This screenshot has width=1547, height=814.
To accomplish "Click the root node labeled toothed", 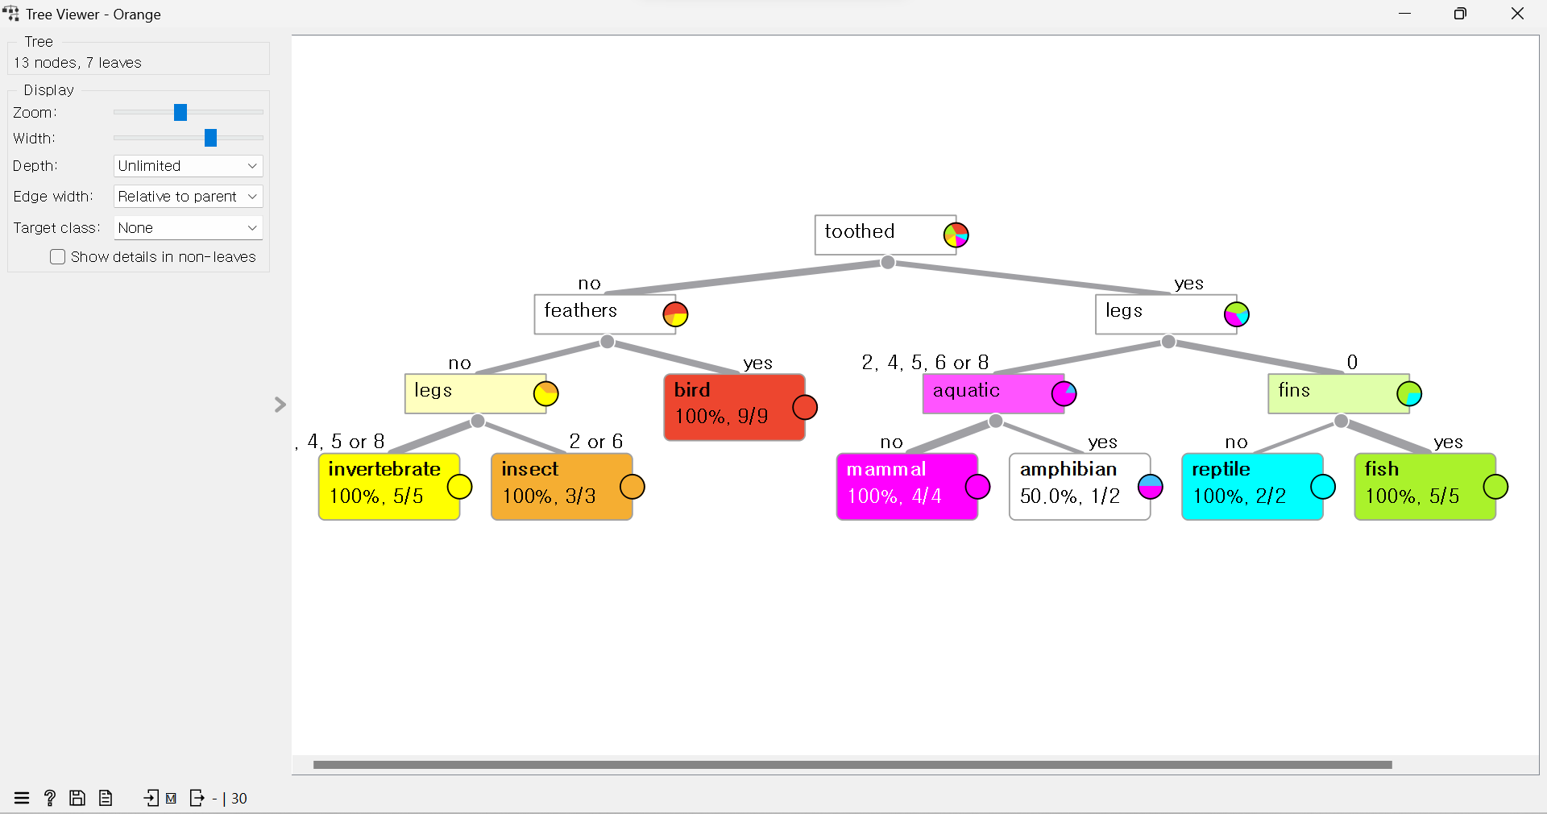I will tap(878, 235).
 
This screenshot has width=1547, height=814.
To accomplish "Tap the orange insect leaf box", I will tap(556, 486).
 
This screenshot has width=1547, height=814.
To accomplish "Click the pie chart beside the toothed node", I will tap(956, 235).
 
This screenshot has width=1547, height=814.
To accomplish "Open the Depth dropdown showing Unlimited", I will tap(188, 166).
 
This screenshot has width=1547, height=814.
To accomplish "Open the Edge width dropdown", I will tap(188, 197).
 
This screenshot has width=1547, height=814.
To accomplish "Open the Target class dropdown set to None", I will tap(188, 228).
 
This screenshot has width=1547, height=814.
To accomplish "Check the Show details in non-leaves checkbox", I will tap(58, 257).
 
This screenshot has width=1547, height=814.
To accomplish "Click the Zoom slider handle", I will tap(180, 112).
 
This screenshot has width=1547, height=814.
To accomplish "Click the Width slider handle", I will tap(210, 138).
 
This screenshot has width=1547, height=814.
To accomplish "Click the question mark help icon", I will tap(50, 798).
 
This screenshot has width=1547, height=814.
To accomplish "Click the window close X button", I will tap(1517, 14).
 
